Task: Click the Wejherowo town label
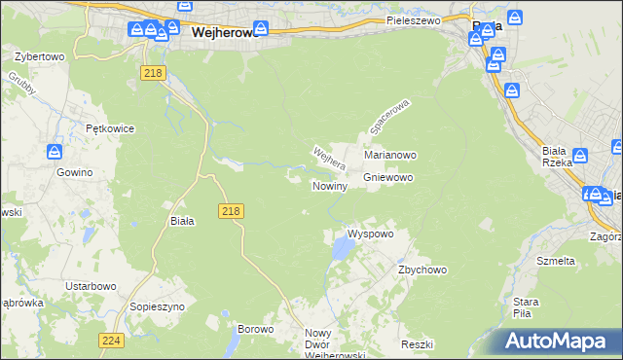pos(224,31)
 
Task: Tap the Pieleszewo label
pos(414,19)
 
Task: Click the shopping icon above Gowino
pos(55,153)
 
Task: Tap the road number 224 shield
pos(110,341)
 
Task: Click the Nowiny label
pos(330,186)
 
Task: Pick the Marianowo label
pos(390,155)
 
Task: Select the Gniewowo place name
pos(388,178)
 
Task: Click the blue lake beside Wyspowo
pos(342,251)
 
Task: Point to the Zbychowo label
pos(421,270)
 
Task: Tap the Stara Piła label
pos(526,307)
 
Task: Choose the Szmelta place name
pos(556,261)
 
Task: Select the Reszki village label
pos(416,345)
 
